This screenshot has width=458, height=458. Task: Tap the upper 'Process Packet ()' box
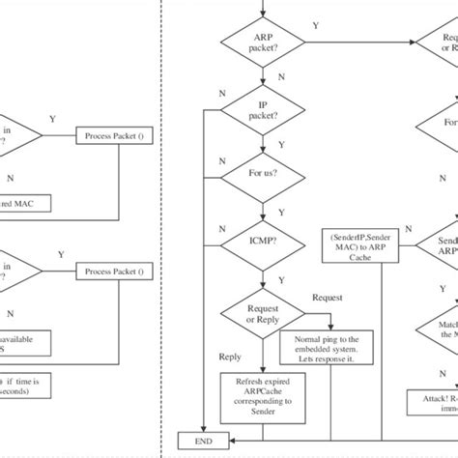coord(116,137)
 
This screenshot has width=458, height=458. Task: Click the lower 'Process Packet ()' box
coord(116,272)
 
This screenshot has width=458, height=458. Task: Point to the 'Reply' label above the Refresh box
coord(230,357)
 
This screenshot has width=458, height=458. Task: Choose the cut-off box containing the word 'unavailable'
coord(29,343)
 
